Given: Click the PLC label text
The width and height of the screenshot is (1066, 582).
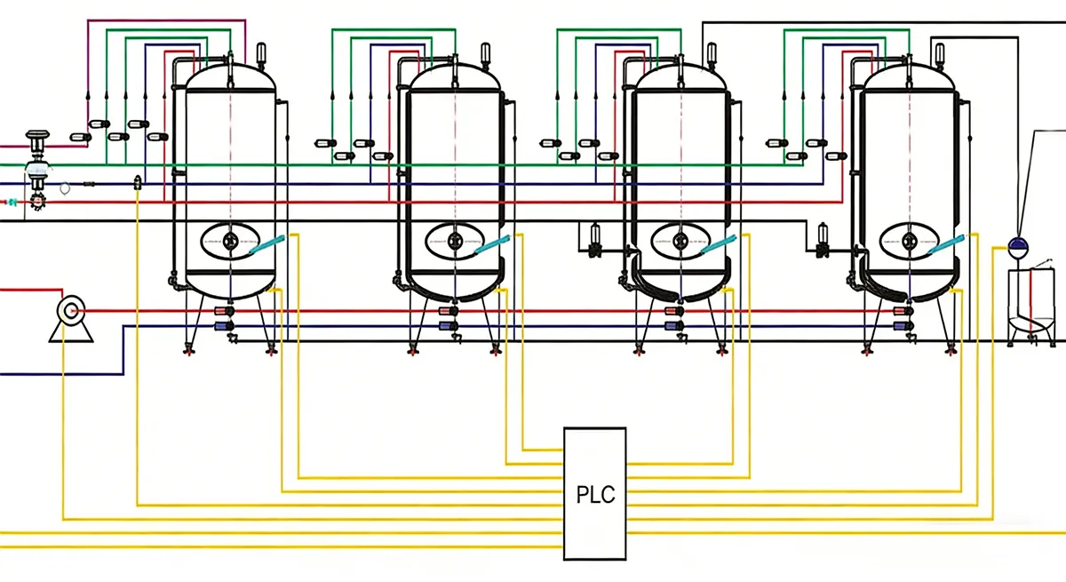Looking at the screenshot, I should [x=595, y=494].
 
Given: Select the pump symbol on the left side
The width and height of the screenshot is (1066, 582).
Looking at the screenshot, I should [x=68, y=312].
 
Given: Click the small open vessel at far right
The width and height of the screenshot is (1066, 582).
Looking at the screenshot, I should [x=1032, y=307].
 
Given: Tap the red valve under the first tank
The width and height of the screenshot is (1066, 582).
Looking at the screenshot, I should [x=221, y=311].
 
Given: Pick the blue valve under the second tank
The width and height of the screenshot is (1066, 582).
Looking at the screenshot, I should [x=445, y=327].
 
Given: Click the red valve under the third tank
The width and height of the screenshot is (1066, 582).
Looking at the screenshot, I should [x=672, y=311].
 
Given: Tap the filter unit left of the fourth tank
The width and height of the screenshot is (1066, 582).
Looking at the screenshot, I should [x=822, y=237].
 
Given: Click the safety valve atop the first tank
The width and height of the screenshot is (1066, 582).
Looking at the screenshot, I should [x=260, y=53].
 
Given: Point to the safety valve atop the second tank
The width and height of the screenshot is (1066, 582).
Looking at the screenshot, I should [x=485, y=53].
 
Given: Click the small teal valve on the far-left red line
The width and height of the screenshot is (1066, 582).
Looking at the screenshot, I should [x=12, y=203].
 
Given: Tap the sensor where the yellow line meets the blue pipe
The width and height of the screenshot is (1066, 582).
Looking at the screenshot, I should [x=137, y=183].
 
